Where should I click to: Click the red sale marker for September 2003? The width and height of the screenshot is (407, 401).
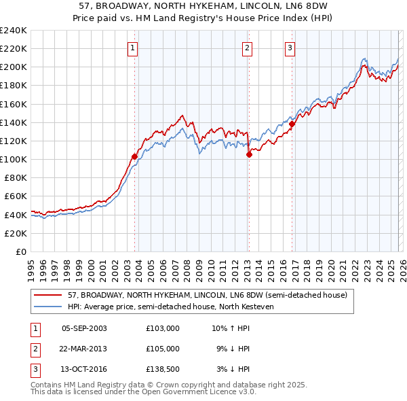click(134, 156)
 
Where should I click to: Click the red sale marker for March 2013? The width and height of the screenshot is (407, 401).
click(249, 154)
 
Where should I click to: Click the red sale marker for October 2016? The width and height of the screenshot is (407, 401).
click(292, 124)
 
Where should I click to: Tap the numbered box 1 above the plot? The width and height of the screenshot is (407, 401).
click(132, 48)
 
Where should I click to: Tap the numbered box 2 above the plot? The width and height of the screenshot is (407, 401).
click(247, 48)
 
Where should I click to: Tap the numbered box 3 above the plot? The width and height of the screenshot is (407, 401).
click(290, 48)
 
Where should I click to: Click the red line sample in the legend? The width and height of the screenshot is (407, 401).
click(48, 295)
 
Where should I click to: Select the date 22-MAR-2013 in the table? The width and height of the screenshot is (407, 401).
click(84, 349)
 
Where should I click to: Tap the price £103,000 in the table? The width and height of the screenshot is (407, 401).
click(162, 329)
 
